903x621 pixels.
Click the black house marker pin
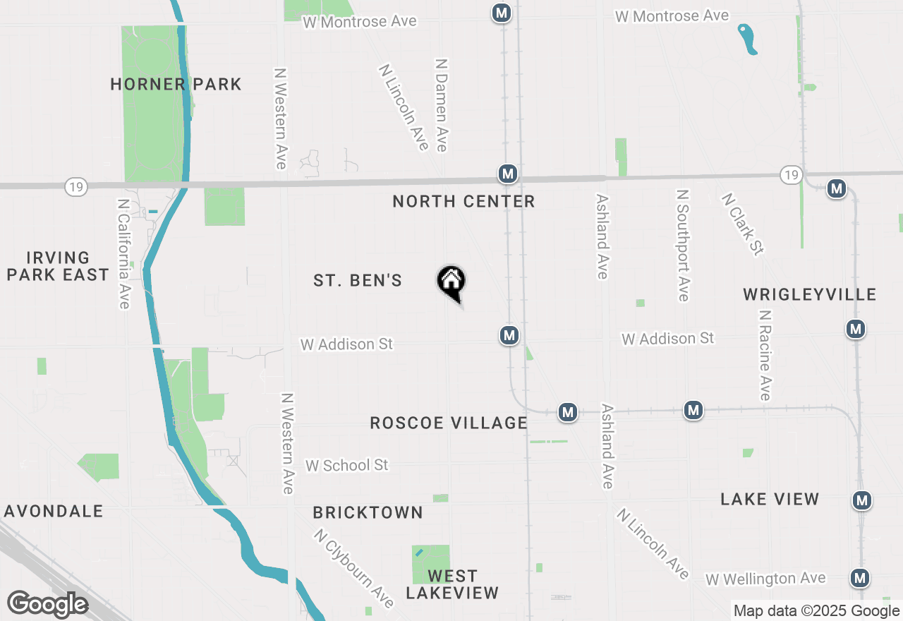point(451,282)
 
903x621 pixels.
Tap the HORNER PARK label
point(176,85)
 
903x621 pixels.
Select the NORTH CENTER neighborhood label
point(463,202)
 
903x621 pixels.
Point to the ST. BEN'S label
point(358,281)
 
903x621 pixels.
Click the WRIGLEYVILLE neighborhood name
point(809,295)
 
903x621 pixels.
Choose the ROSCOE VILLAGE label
point(449,423)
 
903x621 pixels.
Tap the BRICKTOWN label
point(368,513)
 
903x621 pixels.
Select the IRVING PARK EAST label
point(58,267)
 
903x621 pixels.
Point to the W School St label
point(346,466)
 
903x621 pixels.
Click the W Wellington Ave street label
point(765,579)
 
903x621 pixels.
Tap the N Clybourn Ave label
point(354,568)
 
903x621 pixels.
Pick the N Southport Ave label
point(682,245)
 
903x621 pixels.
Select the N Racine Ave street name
point(765,354)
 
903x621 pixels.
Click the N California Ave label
point(123,252)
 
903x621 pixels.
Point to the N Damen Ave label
point(442,105)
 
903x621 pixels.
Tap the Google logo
point(47,605)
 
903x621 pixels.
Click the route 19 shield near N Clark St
point(791,174)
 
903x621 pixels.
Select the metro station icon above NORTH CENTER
point(507,174)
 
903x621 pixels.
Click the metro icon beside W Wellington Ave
point(859,578)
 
